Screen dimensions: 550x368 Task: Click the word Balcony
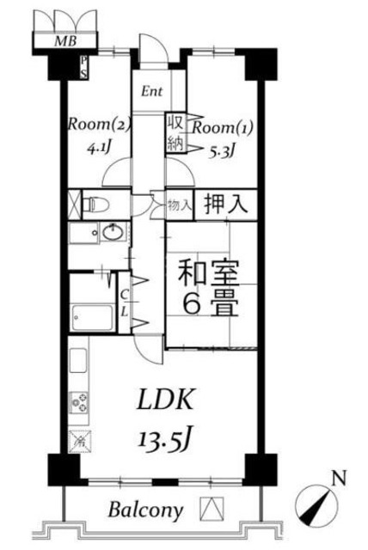pyautogui.click(x=145, y=510)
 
